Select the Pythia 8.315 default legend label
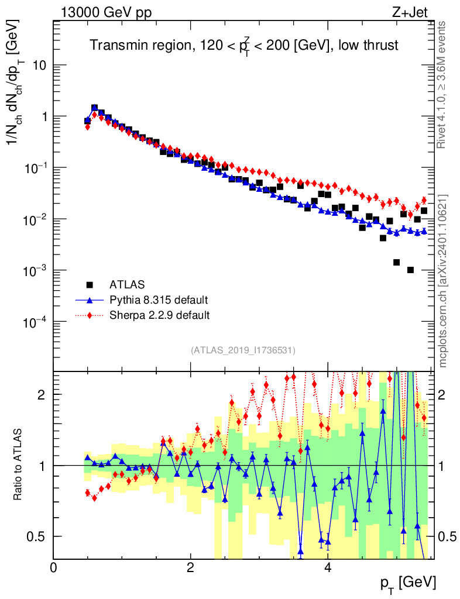coord(158,301)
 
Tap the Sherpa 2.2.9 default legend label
coord(160,315)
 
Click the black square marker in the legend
coord(90,285)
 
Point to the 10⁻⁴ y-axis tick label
coord(36,322)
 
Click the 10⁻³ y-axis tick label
coord(36,270)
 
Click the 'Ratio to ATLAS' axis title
coord(19,464)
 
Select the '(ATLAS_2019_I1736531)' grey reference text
coord(243,350)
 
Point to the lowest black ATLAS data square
coord(410,270)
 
